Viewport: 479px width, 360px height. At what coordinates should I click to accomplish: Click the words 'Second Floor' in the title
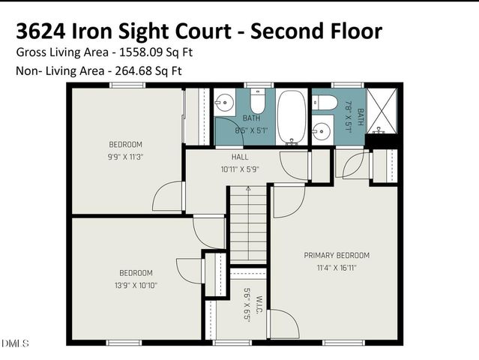(316, 31)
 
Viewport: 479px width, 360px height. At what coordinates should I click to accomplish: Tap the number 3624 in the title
(41, 31)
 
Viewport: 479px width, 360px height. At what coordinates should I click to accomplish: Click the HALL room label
(240, 157)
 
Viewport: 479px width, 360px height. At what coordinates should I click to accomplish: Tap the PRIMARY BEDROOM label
(337, 255)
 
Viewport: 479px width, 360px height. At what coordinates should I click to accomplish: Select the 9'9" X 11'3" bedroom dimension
(125, 157)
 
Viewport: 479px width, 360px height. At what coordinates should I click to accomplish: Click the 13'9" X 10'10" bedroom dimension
(136, 285)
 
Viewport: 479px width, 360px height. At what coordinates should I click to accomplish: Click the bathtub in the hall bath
(292, 116)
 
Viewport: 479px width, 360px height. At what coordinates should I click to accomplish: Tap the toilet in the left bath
(257, 102)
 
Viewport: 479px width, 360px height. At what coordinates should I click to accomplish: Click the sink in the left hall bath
(226, 103)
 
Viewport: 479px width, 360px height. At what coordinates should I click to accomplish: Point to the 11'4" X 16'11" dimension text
(337, 267)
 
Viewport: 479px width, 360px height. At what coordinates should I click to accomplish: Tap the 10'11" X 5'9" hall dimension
(240, 169)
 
